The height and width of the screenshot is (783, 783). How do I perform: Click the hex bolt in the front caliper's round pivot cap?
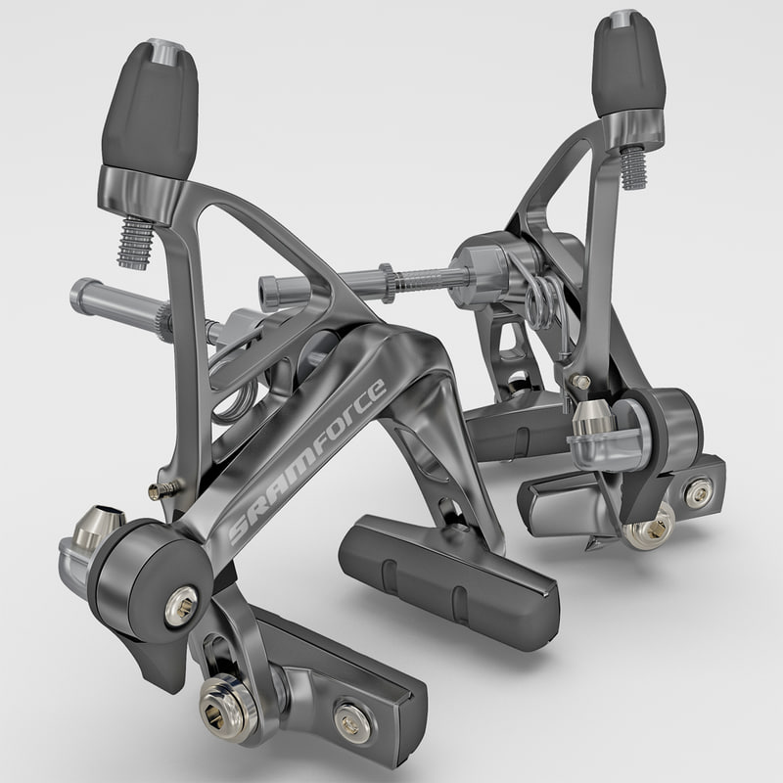pyautogui.click(x=181, y=594)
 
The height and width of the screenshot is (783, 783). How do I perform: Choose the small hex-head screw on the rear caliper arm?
pyautogui.click(x=581, y=381)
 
